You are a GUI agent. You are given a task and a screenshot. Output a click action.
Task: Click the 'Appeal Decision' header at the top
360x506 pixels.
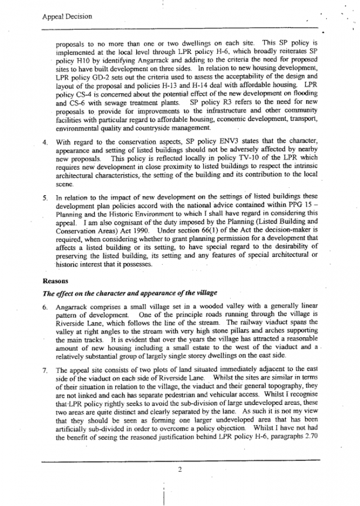pos(67,17)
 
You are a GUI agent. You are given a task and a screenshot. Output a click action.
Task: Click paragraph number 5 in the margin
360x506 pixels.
pos(46,198)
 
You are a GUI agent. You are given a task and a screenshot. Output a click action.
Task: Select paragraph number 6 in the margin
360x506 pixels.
pos(46,308)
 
